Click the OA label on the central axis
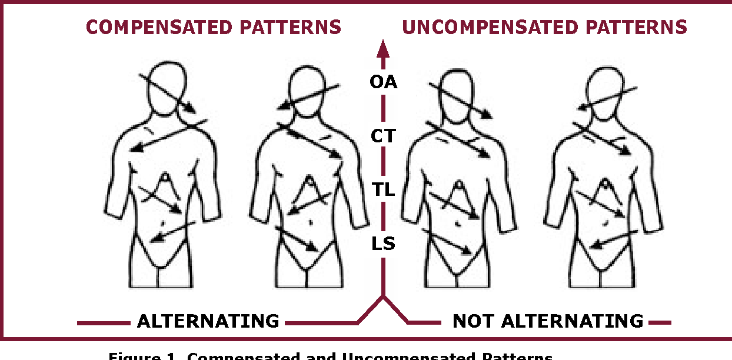(x=383, y=82)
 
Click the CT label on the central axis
(x=383, y=136)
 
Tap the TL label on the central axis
(x=383, y=190)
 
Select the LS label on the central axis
(x=383, y=244)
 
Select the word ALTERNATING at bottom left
(x=208, y=321)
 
